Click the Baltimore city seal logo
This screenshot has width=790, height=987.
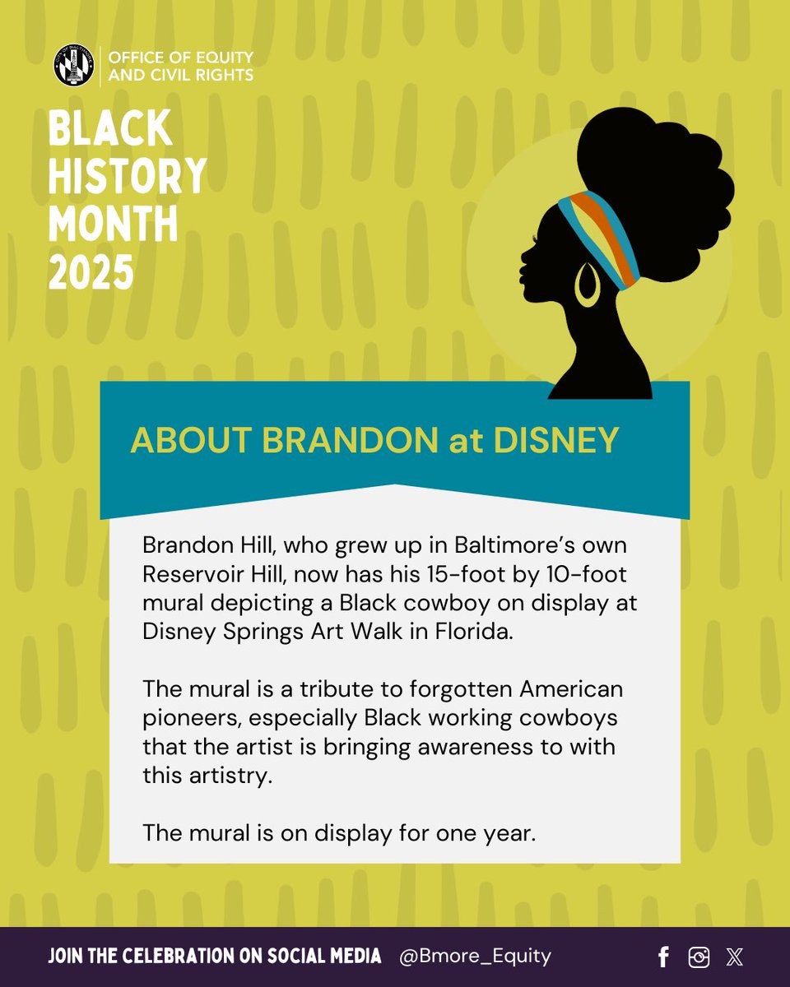tap(73, 67)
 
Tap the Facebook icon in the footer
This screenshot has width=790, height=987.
tap(663, 957)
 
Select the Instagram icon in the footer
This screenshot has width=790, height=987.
tap(699, 957)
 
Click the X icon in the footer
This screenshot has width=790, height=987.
tap(734, 957)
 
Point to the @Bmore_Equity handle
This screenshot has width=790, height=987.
tap(475, 956)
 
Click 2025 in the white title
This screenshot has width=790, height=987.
tap(91, 272)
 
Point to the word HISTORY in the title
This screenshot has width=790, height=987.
tap(128, 175)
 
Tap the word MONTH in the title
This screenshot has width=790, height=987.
tap(113, 224)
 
